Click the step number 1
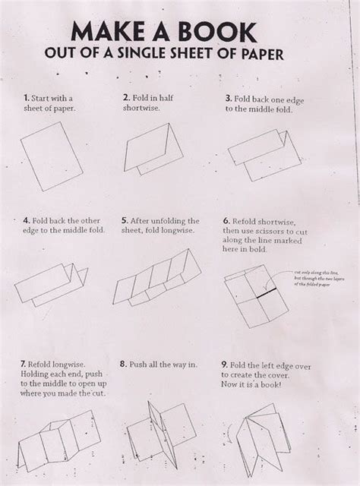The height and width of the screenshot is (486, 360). (x=27, y=98)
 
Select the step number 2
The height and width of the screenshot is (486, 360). (x=126, y=98)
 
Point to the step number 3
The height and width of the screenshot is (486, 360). (x=227, y=99)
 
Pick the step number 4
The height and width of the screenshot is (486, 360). (x=26, y=220)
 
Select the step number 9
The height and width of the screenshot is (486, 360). (x=226, y=364)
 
